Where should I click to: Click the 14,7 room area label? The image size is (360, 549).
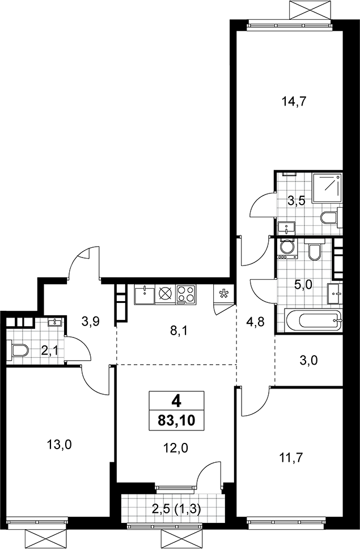click(x=294, y=102)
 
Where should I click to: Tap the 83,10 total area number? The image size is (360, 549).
click(x=176, y=420)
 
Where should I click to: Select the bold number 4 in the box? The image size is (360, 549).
click(x=176, y=400)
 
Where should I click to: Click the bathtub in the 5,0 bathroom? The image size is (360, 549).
click(x=313, y=320)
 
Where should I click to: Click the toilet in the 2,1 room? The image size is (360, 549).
click(x=20, y=350)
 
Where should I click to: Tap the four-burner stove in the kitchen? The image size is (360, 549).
click(x=187, y=294)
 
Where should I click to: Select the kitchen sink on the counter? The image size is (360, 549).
click(x=144, y=294)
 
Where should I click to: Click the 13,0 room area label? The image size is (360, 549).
click(x=60, y=445)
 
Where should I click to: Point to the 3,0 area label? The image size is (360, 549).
click(x=309, y=360)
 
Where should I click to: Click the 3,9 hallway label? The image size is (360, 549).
click(x=91, y=321)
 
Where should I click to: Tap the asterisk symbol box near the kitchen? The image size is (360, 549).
click(x=223, y=294)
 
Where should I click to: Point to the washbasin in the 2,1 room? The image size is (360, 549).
click(x=56, y=322)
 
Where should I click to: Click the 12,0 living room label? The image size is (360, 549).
click(x=176, y=447)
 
